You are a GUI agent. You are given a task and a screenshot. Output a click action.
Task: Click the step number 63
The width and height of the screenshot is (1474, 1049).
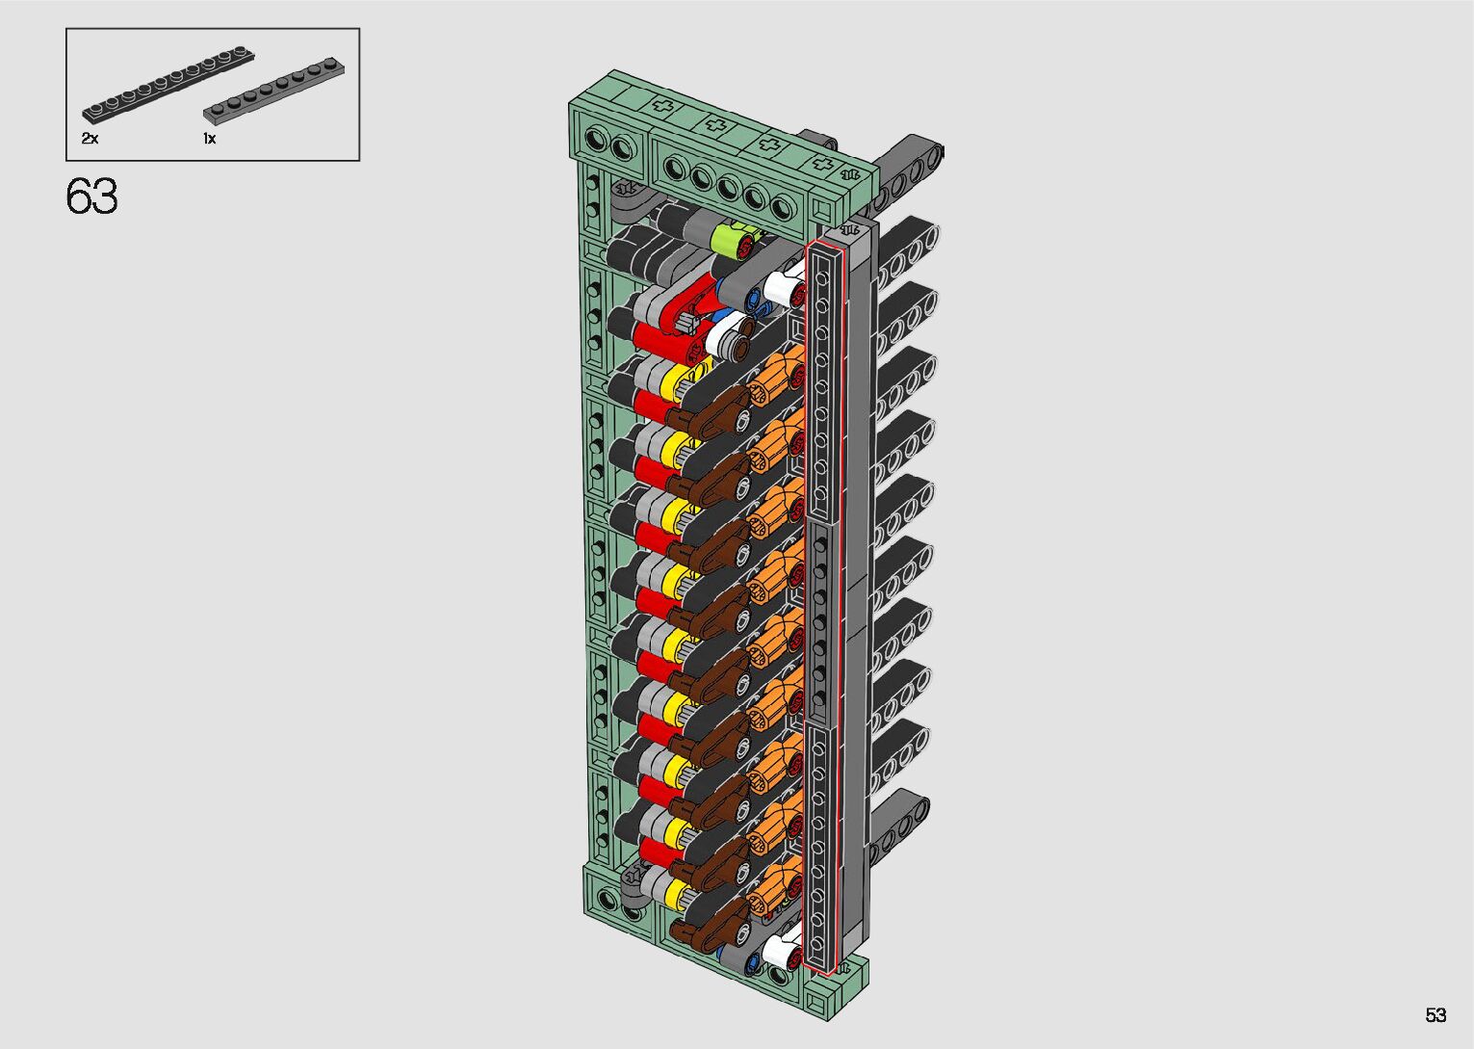point(91,197)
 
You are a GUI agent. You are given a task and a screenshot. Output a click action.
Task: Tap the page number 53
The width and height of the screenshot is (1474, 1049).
point(1435,1014)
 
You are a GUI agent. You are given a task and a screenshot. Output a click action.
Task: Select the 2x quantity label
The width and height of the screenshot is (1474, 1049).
point(90,139)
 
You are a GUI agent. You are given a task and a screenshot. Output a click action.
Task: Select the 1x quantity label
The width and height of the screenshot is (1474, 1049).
point(209,139)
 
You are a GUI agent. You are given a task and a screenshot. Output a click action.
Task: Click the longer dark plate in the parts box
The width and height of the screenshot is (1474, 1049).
point(168,85)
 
